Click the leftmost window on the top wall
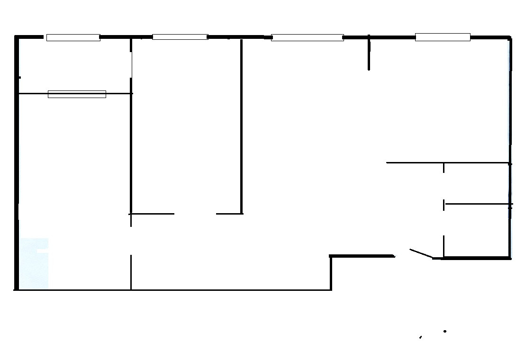73,37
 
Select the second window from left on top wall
180,37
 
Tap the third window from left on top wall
307,37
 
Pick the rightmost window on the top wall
443,37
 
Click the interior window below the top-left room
77,94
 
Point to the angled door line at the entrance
421,253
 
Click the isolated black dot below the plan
445,331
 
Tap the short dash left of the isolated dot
420,337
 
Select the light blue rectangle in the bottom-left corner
34,263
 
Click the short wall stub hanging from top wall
369,53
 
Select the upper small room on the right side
477,183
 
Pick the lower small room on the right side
477,231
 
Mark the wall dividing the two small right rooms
478,204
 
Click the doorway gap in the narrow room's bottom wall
195,214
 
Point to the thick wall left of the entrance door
362,256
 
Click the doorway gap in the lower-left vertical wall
131,241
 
